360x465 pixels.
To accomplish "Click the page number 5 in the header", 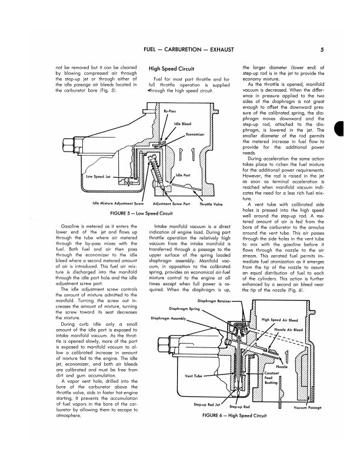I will coord(331,51).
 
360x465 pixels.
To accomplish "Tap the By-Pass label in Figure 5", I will coord(169,111).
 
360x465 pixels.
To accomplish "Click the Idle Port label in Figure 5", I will coord(182,175).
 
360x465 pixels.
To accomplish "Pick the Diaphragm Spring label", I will coord(185,292).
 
